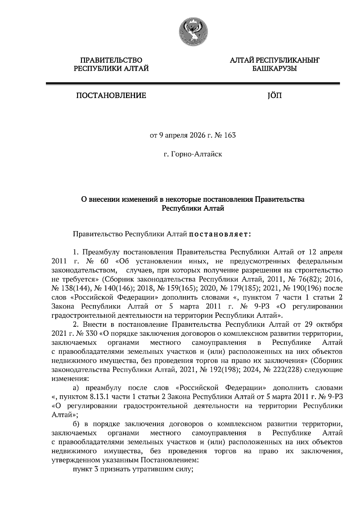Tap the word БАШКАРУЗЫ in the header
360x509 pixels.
[274, 69]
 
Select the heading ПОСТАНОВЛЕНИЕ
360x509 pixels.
[111, 96]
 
